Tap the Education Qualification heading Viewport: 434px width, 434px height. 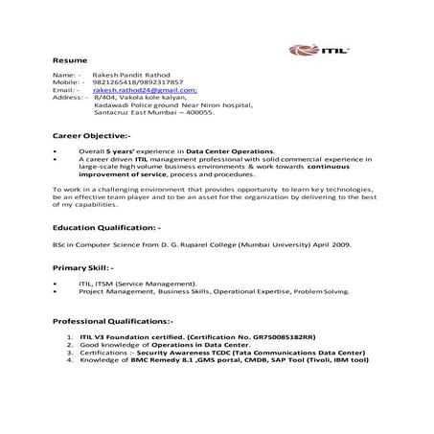pyautogui.click(x=108, y=230)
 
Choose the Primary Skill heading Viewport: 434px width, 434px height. pyautogui.click(x=83, y=269)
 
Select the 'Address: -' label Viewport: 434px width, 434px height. pyautogui.click(x=70, y=98)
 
